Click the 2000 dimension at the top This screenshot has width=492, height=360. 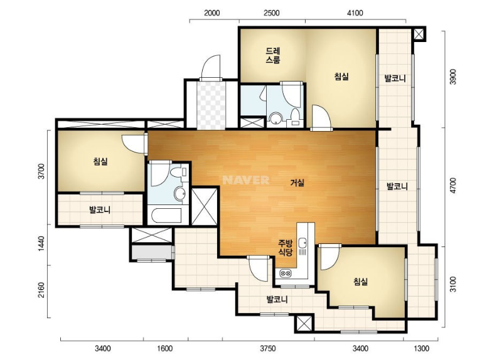point(212,13)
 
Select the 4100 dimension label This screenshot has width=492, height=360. point(355,13)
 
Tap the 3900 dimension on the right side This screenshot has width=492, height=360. point(453,77)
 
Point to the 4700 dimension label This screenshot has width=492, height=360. point(453,186)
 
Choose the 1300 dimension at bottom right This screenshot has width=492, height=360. point(421,349)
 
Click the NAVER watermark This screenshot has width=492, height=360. point(246,180)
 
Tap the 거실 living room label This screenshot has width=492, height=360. point(297,183)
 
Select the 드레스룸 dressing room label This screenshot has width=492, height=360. point(272,55)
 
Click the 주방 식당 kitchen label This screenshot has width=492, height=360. point(286,248)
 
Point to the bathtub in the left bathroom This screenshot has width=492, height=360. point(166,215)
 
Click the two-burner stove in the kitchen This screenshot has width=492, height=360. point(285,273)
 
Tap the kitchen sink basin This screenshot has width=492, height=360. point(302,242)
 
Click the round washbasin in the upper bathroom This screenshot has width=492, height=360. point(276,119)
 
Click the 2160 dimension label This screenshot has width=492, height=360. point(41,291)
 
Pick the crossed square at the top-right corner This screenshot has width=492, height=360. point(419,34)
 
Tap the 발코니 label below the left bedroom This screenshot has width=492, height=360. point(100,209)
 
